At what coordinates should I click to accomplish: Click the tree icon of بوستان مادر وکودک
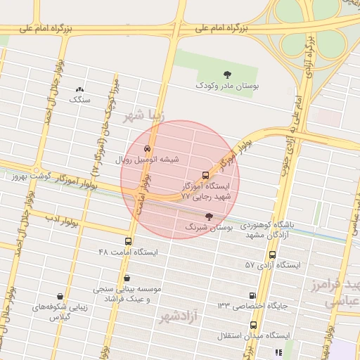point(226,74)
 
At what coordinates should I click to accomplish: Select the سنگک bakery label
point(80,100)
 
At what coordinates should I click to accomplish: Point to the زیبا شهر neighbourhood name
point(146,116)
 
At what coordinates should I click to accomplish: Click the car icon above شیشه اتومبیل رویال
point(146,149)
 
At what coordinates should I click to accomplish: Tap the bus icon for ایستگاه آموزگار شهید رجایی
point(205,175)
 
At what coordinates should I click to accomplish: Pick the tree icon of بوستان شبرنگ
point(207,217)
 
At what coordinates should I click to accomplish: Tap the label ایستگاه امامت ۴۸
point(129,251)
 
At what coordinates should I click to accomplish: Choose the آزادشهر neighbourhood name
point(180,317)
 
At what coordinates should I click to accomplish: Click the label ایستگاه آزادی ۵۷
point(273,265)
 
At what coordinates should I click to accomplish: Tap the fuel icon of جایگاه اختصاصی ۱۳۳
point(252,296)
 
